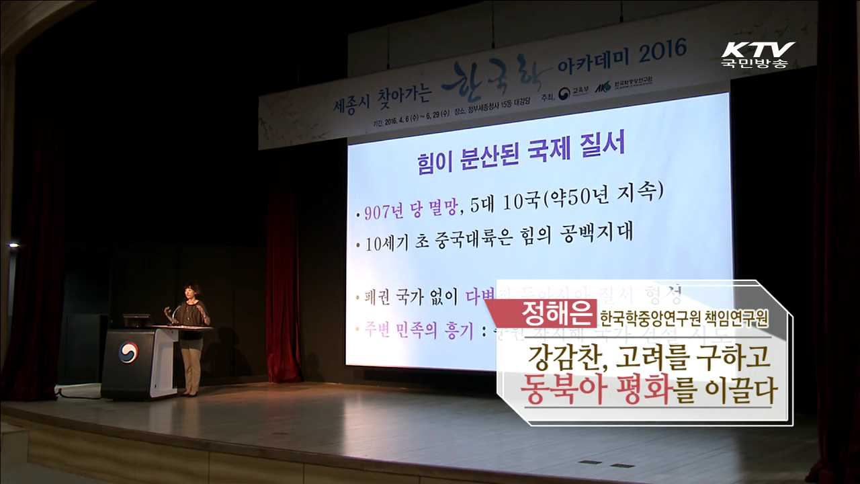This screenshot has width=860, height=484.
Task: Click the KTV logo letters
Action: point(758,50)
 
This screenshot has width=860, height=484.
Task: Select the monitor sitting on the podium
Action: point(137,321)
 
